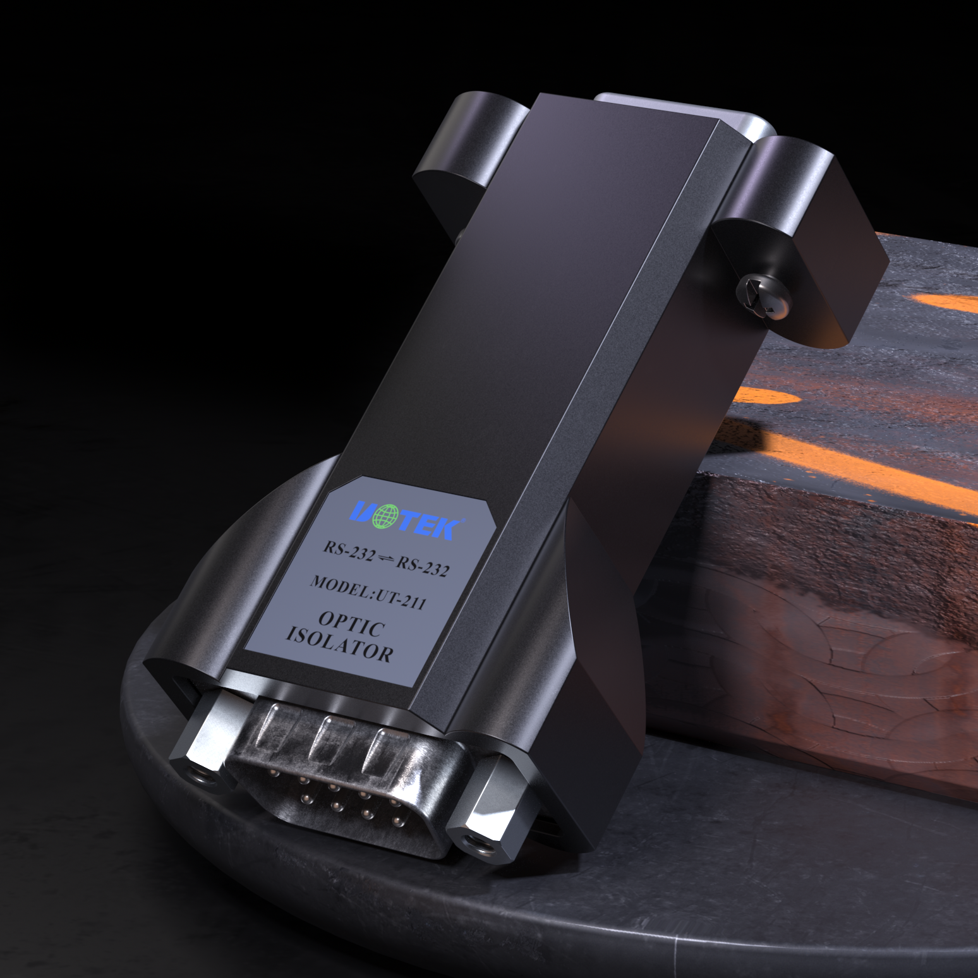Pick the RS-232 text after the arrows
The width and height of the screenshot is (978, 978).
pos(422,566)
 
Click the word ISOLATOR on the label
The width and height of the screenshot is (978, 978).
pos(339,644)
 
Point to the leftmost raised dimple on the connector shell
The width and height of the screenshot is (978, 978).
pos(269,725)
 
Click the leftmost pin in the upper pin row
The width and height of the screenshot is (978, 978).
pos(273,772)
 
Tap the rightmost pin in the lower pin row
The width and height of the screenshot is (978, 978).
pos(395,821)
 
